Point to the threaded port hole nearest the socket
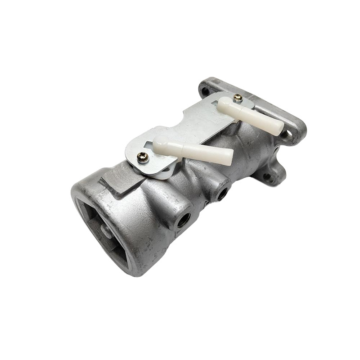[183, 220]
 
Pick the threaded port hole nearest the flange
[221, 194]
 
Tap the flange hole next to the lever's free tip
[288, 134]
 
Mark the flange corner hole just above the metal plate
[205, 90]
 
